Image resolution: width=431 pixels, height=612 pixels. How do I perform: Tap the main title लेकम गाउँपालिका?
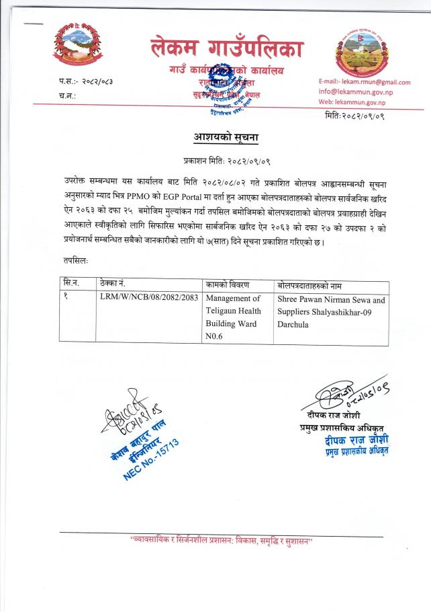pyautogui.click(x=226, y=48)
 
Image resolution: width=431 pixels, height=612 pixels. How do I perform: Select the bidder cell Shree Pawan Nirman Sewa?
pyautogui.click(x=331, y=305)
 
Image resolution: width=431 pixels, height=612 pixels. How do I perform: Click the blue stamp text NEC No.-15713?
pyautogui.click(x=155, y=457)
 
